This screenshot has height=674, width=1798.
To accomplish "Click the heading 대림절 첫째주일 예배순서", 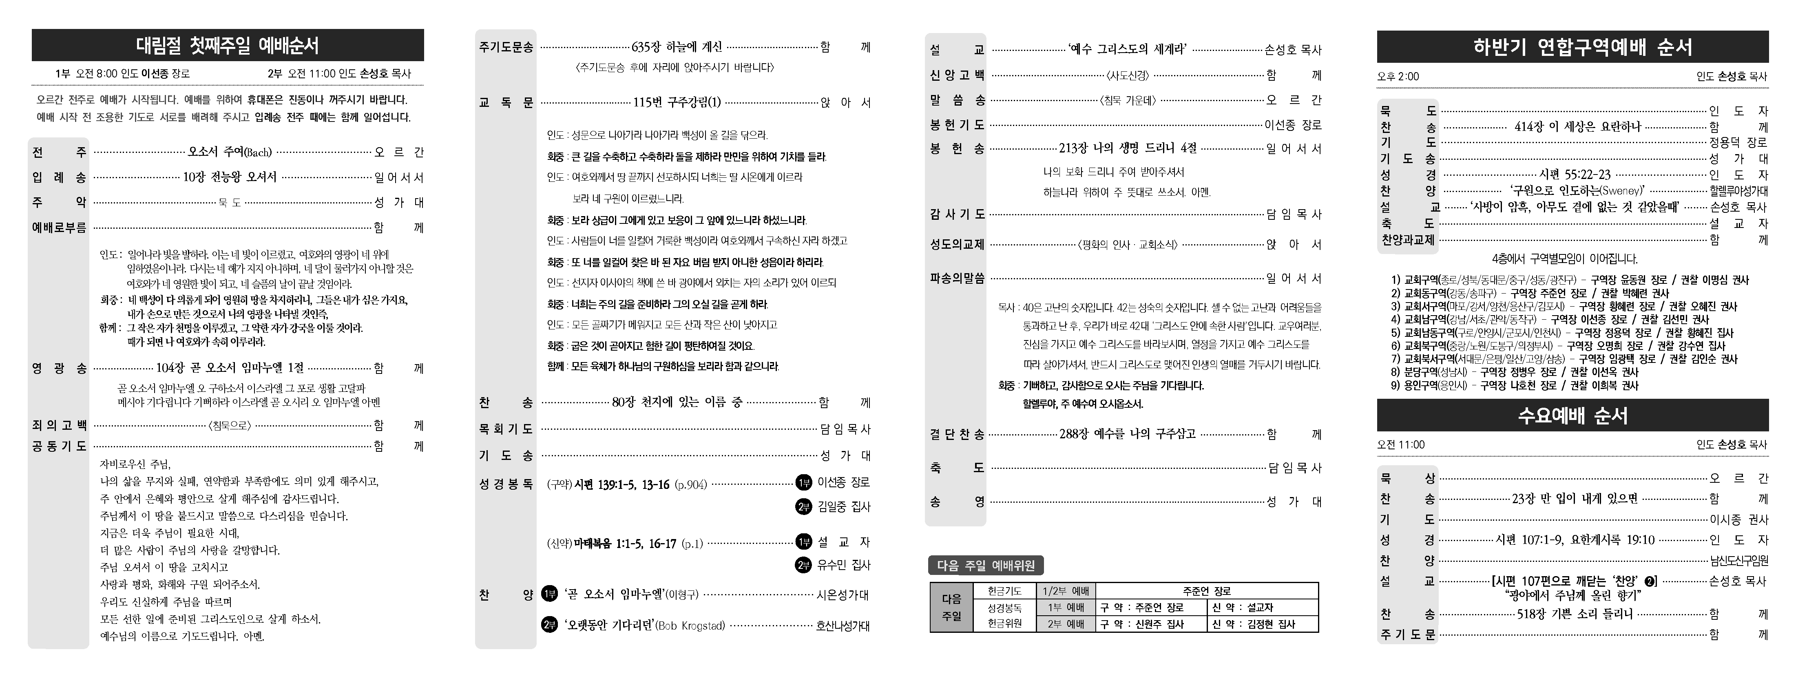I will click(228, 46).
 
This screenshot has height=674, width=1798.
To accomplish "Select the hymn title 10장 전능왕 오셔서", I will click(230, 177).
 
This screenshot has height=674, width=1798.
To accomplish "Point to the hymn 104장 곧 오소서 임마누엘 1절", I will click(230, 368).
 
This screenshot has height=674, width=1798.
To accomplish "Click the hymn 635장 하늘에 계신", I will click(677, 47).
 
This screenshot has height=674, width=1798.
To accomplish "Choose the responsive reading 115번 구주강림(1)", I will click(677, 103).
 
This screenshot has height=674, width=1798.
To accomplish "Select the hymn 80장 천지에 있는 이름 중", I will click(677, 402).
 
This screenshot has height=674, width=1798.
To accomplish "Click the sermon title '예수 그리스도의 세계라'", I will click(1127, 49).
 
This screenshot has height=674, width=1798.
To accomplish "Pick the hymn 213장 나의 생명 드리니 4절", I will click(1127, 148).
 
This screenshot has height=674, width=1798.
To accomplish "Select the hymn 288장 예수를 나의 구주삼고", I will click(1127, 434).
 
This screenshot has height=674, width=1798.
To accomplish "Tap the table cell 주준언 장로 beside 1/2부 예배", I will click(1207, 591).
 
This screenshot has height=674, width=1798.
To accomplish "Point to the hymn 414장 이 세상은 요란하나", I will click(1577, 127).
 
